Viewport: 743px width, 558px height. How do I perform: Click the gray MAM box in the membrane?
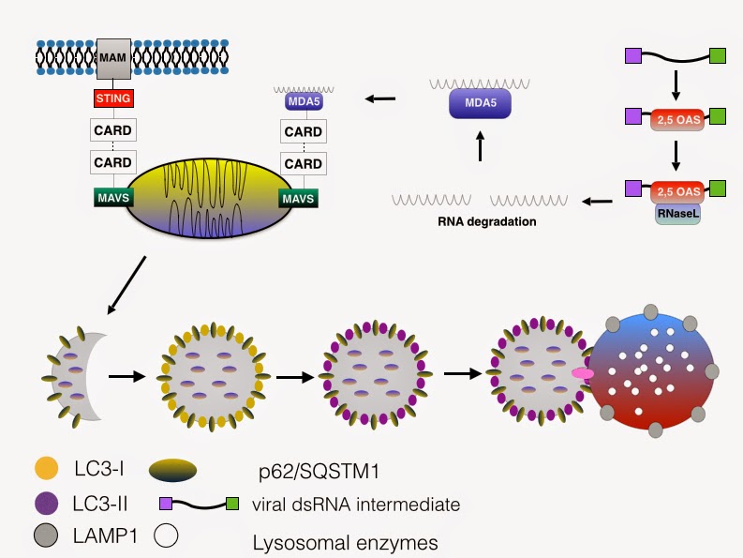pyautogui.click(x=111, y=59)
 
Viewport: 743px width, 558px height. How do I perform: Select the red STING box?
pyautogui.click(x=111, y=97)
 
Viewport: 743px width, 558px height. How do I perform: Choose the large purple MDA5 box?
pyautogui.click(x=479, y=102)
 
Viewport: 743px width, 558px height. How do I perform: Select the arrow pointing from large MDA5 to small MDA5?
pyautogui.click(x=379, y=98)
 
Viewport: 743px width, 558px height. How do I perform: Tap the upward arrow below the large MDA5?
pyautogui.click(x=479, y=145)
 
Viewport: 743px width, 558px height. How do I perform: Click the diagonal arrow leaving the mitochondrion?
pyautogui.click(x=127, y=283)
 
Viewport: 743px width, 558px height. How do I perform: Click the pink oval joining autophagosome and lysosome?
pyautogui.click(x=584, y=374)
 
